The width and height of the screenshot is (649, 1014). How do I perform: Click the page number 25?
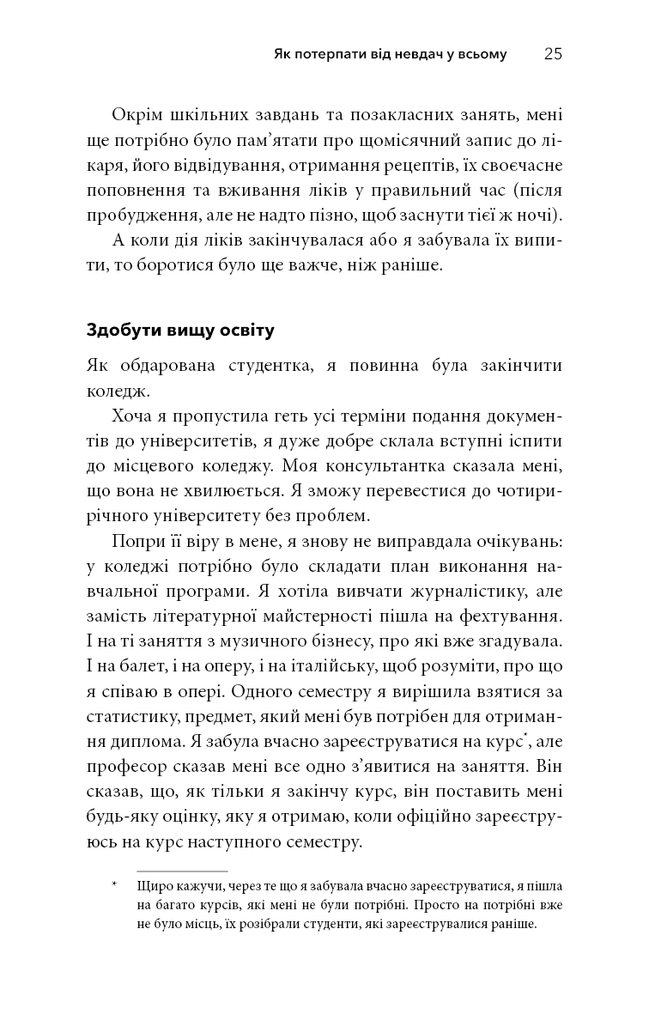pos(553,54)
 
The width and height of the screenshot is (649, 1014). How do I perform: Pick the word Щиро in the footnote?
pos(153,886)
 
